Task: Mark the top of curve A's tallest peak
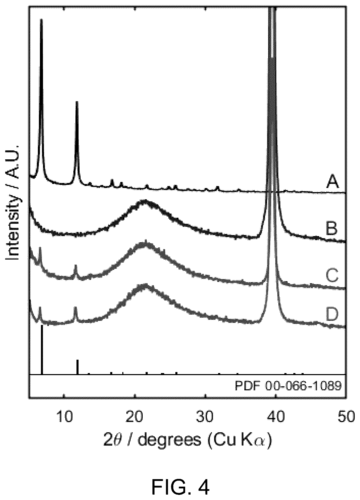[x=41, y=19]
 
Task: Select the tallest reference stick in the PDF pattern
[x=42, y=349]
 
